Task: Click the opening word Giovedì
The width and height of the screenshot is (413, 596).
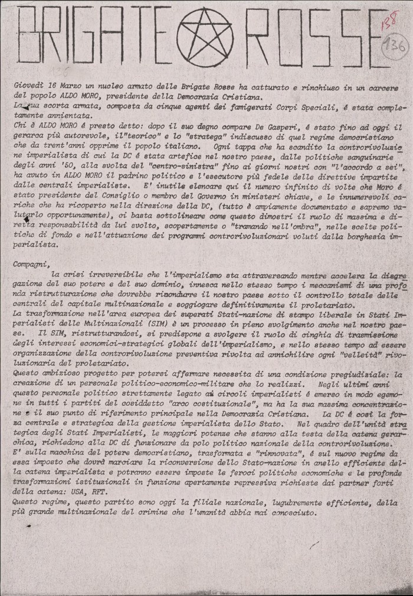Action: click(x=30, y=86)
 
